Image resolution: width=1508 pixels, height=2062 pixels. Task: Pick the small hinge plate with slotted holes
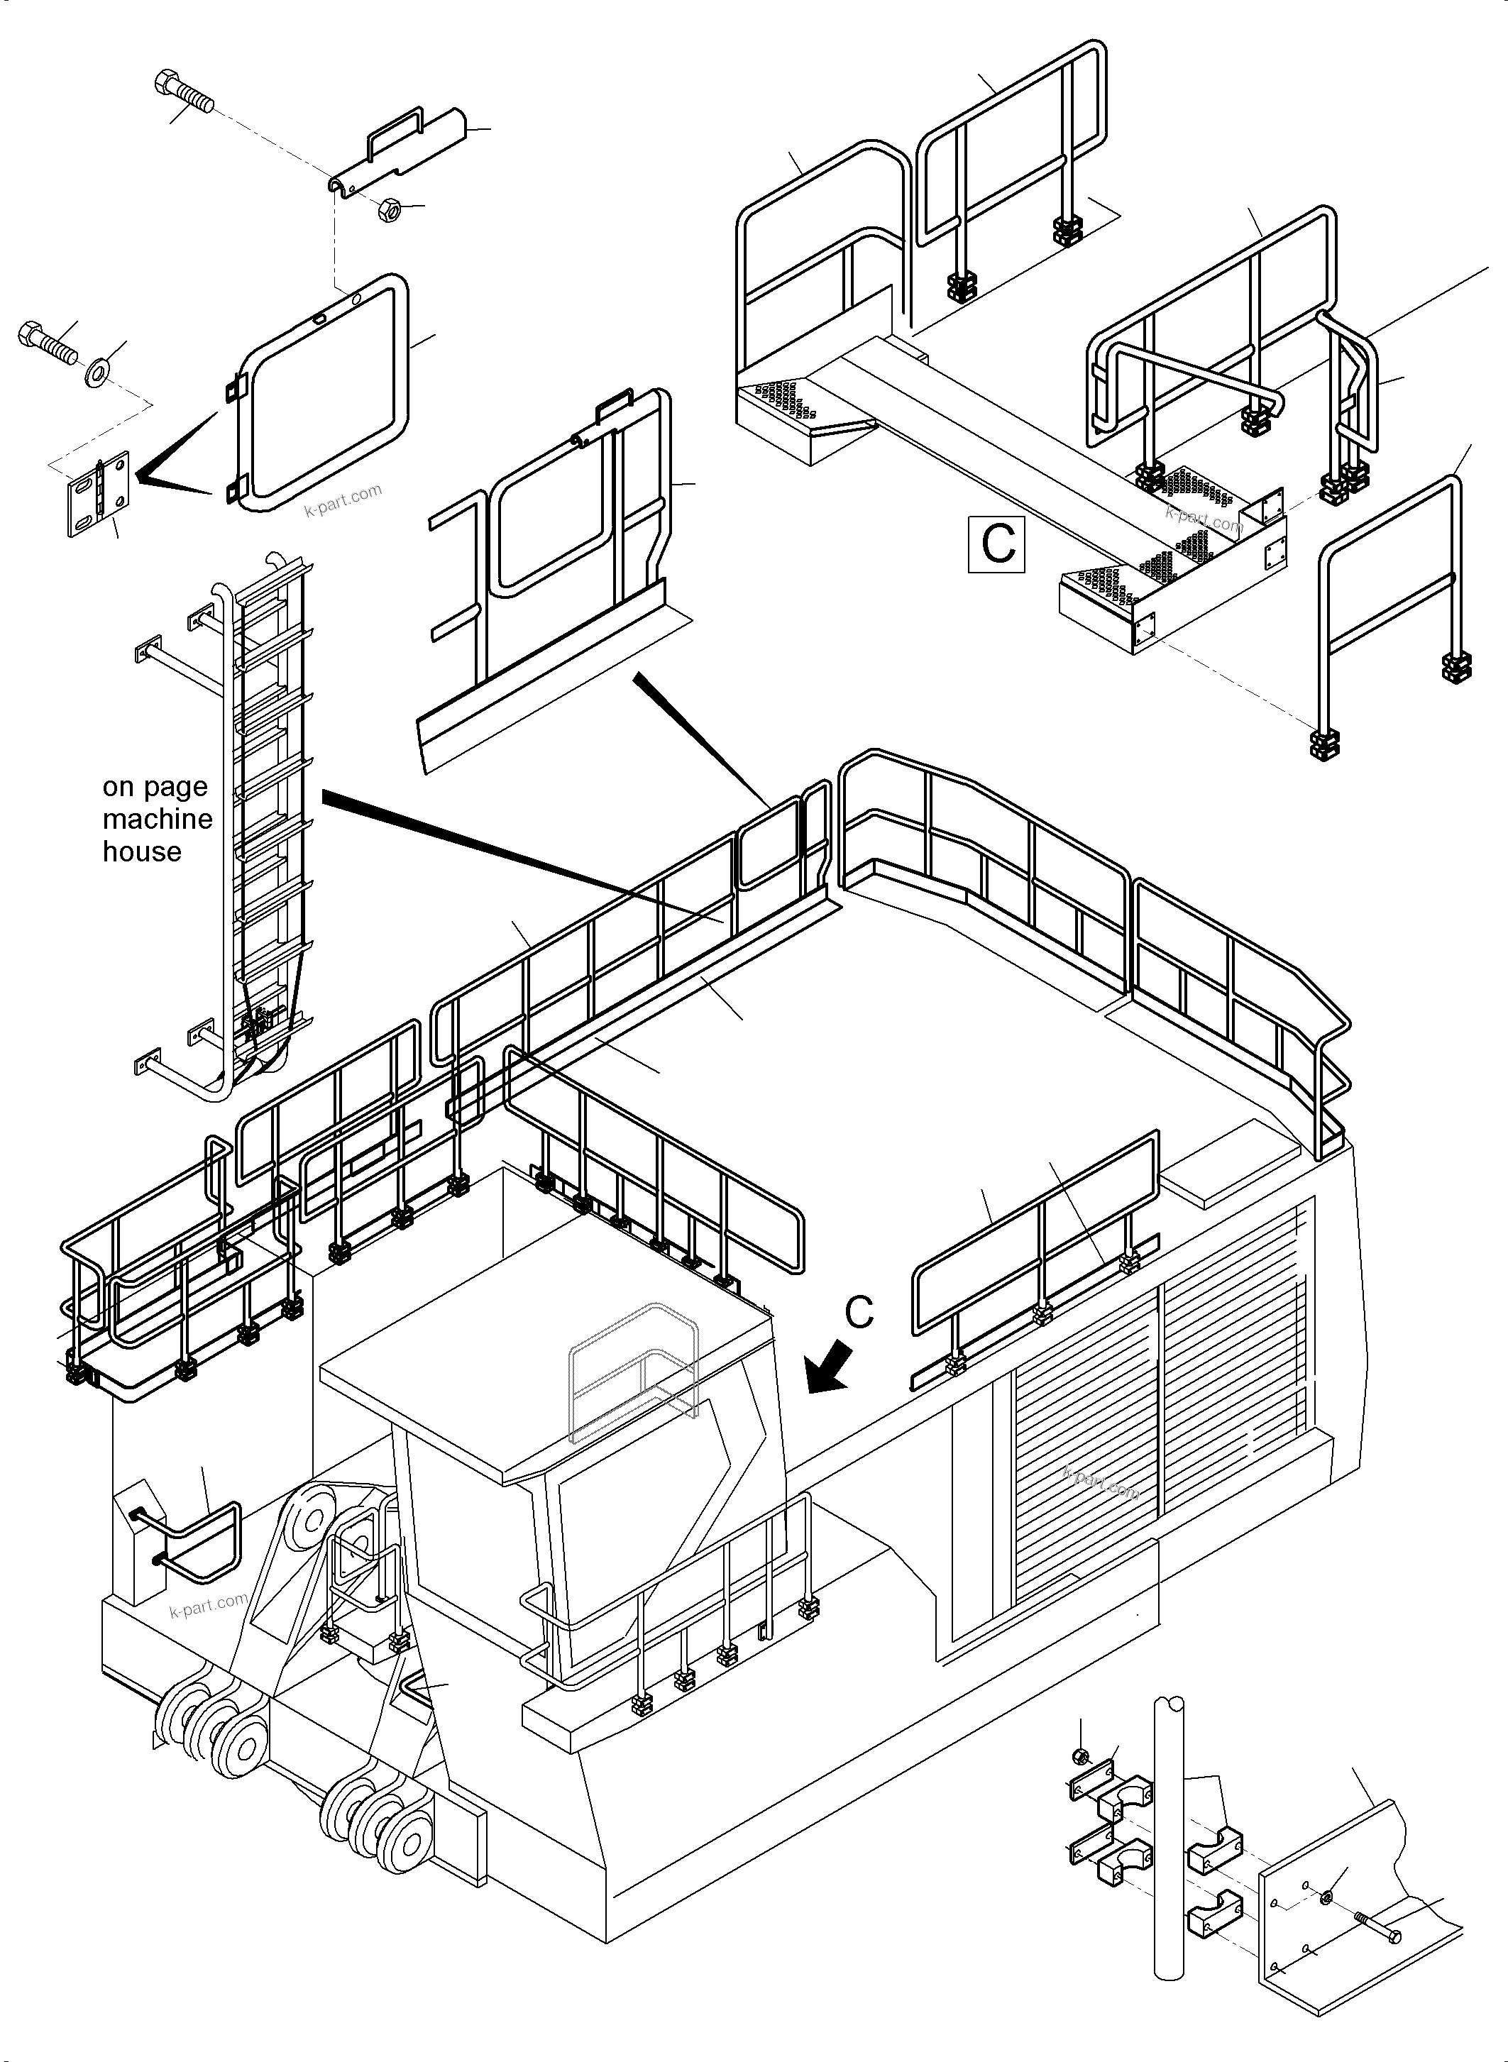point(99,494)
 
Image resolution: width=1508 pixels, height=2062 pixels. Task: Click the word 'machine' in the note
point(157,819)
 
